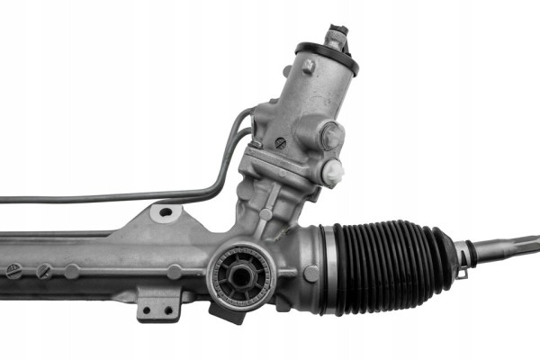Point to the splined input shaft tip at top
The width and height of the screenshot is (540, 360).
(339, 36)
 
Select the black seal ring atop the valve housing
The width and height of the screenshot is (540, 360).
(327, 57)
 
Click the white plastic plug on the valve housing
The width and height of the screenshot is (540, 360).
(333, 171)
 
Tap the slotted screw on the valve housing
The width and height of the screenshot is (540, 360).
(279, 141)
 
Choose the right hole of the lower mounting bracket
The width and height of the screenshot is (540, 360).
(167, 310)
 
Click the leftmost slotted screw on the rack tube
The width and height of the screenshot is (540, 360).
(13, 269)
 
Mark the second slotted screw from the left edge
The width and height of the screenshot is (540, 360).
(43, 269)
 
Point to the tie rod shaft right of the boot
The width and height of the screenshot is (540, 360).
(508, 247)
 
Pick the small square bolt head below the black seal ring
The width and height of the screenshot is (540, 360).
(309, 67)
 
